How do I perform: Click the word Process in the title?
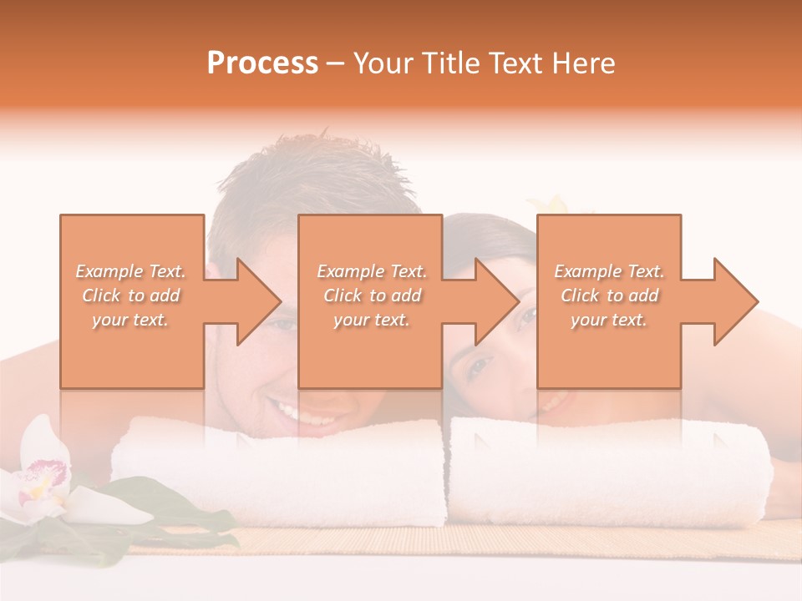pos(262,63)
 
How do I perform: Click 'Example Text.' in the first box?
pos(131,271)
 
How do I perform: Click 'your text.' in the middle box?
pos(371,321)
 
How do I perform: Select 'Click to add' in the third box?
pos(609,295)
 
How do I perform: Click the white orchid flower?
pos(50,484)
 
